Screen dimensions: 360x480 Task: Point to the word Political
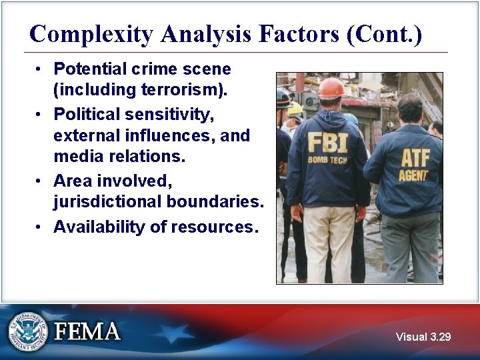[x=84, y=114]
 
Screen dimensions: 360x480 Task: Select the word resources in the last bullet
[x=213, y=227]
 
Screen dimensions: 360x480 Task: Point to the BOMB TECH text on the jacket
[x=326, y=160]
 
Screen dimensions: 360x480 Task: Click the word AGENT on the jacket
[x=413, y=176]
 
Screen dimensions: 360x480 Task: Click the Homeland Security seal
[x=28, y=331]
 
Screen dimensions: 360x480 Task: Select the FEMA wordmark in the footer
[x=87, y=332]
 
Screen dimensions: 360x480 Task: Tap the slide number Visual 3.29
[x=423, y=337]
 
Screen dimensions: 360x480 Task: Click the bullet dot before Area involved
[x=40, y=181]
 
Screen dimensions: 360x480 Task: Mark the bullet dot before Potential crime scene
[x=40, y=69]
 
